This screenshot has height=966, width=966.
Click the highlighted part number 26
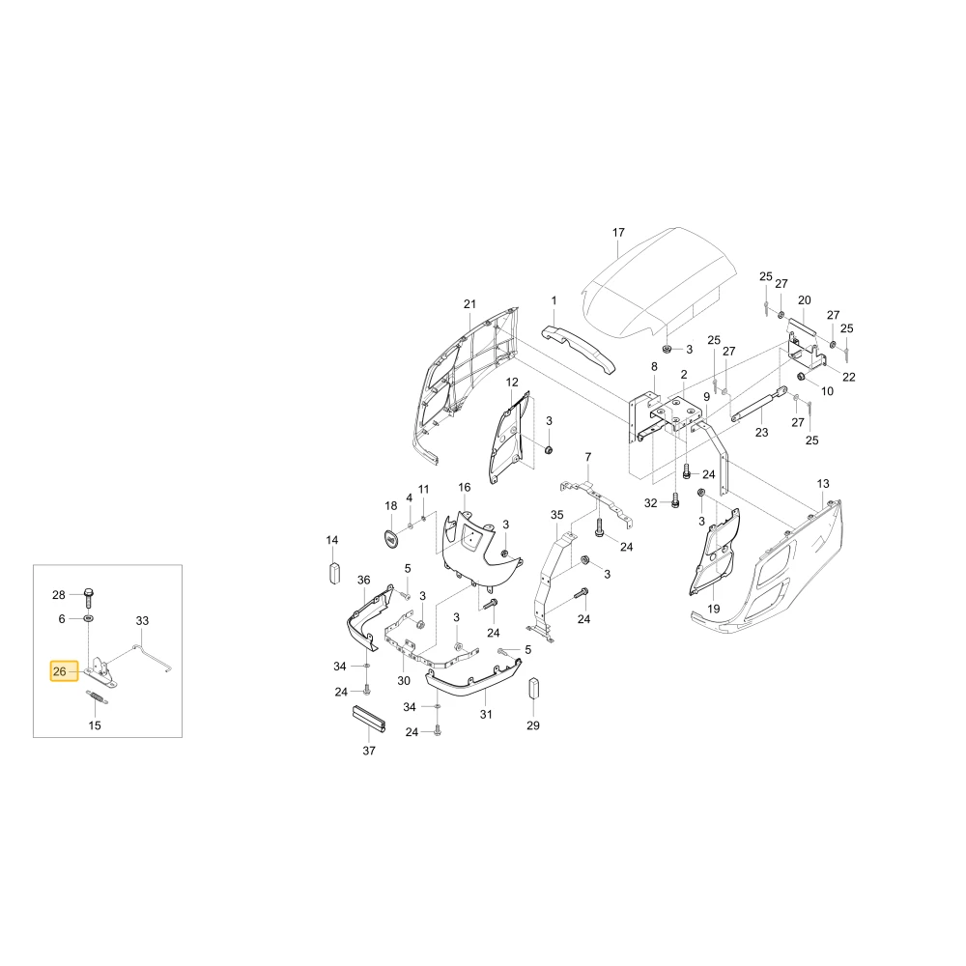point(60,671)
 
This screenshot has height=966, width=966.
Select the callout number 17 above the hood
point(618,232)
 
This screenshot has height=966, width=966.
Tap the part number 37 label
point(369,751)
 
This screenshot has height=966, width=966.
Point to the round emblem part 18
point(391,539)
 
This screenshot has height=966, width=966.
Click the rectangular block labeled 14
point(334,572)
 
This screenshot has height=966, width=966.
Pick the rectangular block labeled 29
point(534,690)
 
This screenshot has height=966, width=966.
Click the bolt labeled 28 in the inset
point(89,596)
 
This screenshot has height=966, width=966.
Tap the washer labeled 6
point(89,618)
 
